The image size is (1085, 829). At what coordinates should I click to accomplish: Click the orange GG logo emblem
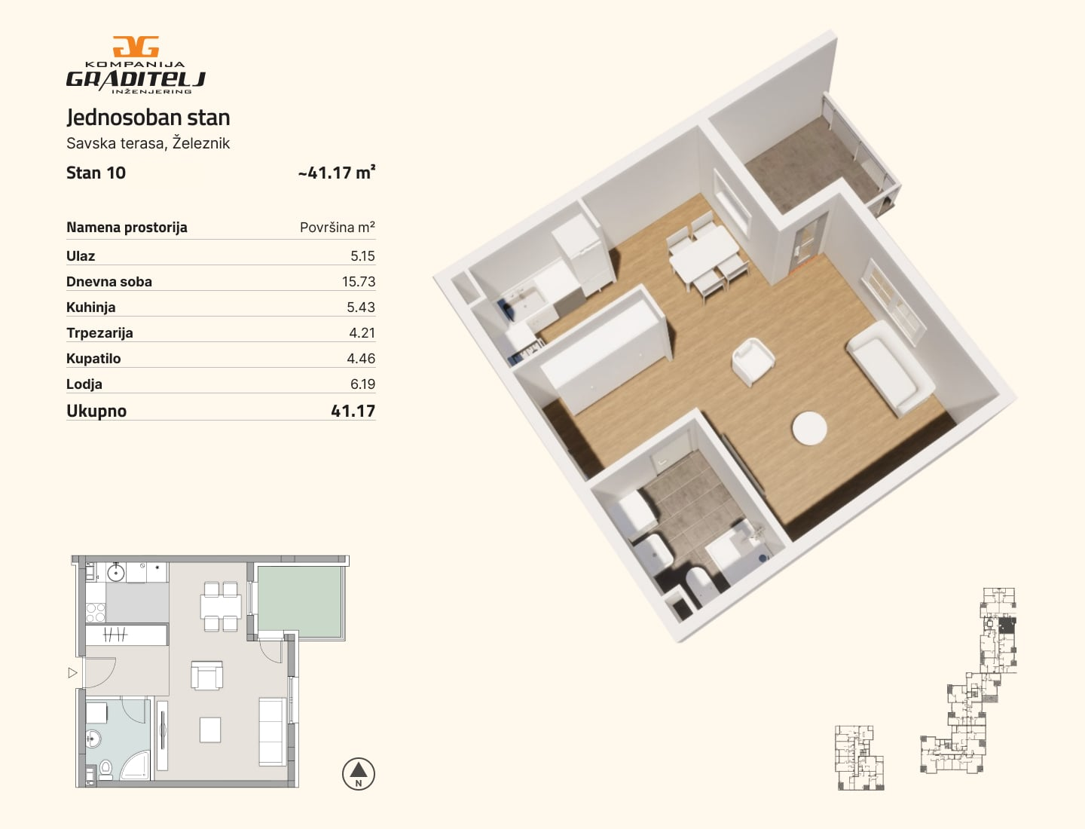coord(136,47)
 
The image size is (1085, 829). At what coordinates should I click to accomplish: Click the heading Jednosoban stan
coord(148,118)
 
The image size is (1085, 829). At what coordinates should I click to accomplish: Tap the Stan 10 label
coord(96,173)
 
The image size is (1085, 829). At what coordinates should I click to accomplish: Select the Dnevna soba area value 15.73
coord(359,281)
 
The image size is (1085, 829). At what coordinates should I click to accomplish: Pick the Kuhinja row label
coord(91,307)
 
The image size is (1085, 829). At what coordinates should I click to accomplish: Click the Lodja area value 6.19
coord(362,384)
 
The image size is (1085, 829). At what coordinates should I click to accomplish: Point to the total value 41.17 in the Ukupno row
coord(353,411)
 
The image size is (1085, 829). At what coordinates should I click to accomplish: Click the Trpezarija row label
coord(100,332)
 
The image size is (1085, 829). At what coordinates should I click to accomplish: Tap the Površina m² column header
coord(337,227)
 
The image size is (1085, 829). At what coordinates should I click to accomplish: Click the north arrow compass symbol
coord(359,774)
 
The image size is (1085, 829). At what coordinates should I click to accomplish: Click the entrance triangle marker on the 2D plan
coord(72,673)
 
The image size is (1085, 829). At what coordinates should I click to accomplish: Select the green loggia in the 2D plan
coord(300,601)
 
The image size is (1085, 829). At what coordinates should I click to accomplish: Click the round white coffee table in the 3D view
coord(809,428)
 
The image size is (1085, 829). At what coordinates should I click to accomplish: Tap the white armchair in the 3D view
coord(752,361)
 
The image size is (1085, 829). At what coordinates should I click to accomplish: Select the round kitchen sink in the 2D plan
coord(116,574)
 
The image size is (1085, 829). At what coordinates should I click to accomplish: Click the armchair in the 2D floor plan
coord(207,675)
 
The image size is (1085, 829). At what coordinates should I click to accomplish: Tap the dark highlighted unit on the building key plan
coord(1006,626)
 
